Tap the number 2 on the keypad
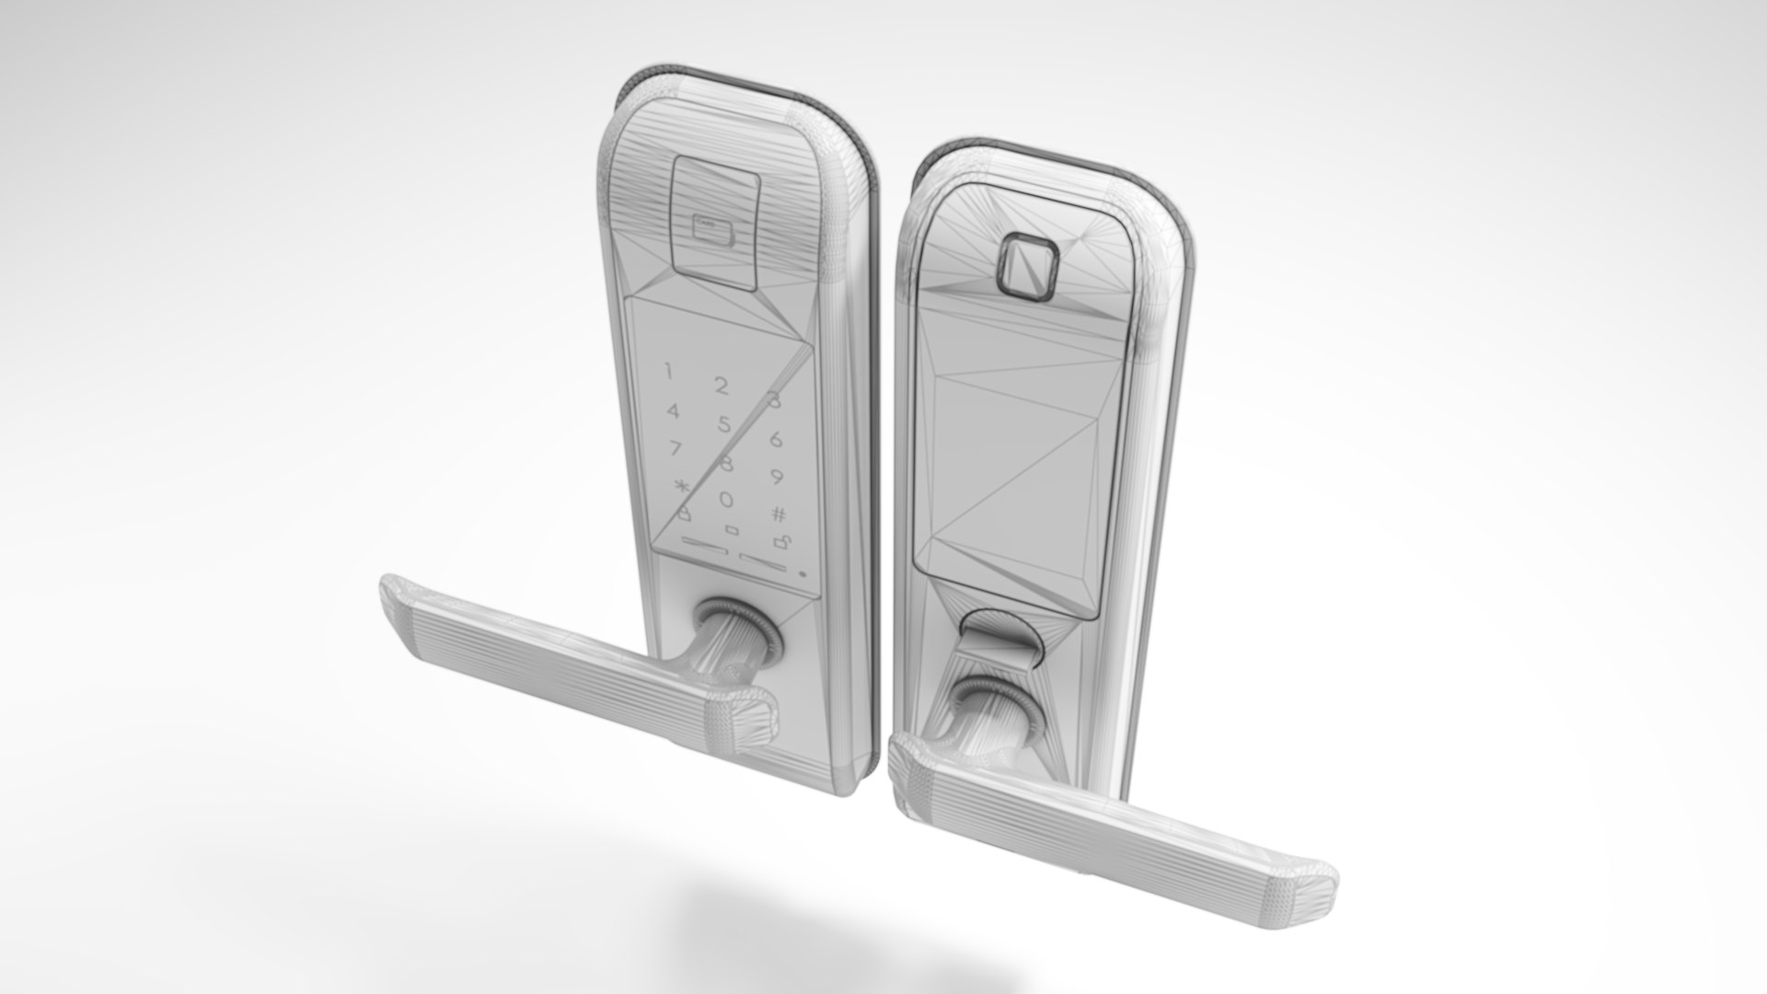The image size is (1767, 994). tap(722, 386)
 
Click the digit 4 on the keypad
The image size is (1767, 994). tap(674, 411)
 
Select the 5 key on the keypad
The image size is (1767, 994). tap(725, 424)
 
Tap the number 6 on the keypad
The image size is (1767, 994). tap(776, 439)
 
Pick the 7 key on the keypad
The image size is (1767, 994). tap(676, 449)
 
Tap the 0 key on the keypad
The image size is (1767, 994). tap(726, 500)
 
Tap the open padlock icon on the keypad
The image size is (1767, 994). tap(780, 542)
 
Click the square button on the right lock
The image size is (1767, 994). tap(1027, 267)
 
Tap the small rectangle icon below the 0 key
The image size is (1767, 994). tap(732, 529)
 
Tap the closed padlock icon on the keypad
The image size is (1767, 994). tap(683, 514)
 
